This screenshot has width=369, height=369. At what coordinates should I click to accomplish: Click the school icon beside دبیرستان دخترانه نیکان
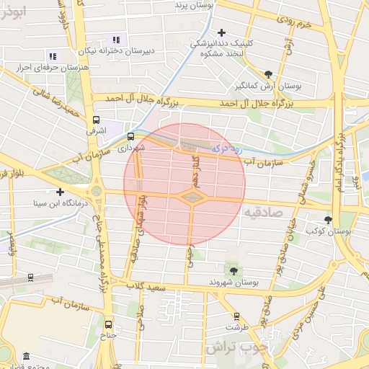[116, 40]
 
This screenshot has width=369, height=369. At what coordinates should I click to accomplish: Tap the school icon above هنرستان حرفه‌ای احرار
[52, 55]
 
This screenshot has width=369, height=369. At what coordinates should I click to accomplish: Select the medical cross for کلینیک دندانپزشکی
[221, 32]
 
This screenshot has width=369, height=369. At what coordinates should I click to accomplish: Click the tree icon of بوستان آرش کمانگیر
[269, 74]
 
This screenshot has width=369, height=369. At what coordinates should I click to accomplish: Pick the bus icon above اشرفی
[96, 120]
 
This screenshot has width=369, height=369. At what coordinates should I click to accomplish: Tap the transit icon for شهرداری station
[131, 135]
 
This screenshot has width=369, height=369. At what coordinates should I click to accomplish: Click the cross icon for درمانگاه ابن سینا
[60, 192]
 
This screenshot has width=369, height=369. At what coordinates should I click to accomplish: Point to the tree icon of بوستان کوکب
[328, 220]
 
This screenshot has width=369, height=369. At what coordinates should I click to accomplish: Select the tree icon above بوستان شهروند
[233, 270]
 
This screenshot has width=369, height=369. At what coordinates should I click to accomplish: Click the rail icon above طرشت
[236, 316]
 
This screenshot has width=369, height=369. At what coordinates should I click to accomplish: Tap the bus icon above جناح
[108, 324]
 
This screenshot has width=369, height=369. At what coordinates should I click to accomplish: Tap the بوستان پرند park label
[195, 5]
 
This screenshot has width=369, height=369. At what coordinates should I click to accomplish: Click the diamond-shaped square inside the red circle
[192, 197]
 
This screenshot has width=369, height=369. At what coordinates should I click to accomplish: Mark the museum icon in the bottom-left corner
[26, 357]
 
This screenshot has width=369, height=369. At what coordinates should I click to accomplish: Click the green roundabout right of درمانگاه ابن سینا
[96, 192]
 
